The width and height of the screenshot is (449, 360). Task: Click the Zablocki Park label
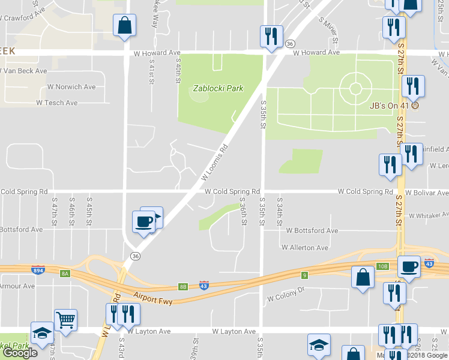(217, 88)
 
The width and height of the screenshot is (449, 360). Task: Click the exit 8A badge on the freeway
(65, 274)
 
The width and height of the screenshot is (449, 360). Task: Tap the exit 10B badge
(383, 266)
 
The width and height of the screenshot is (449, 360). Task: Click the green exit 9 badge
(304, 275)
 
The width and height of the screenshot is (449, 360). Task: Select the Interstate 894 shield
(38, 271)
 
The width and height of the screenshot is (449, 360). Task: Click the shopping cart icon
(65, 320)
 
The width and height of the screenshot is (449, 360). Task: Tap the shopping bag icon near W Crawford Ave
(124, 26)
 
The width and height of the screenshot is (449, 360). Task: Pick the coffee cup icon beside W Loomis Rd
(143, 222)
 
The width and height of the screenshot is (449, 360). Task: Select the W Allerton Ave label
(305, 248)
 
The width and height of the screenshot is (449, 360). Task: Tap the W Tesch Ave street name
(57, 103)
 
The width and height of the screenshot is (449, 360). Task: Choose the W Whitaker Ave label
(429, 215)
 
